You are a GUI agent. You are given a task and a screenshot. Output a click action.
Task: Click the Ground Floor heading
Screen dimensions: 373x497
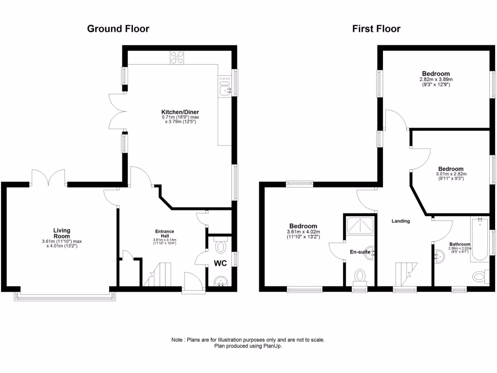pos(118,29)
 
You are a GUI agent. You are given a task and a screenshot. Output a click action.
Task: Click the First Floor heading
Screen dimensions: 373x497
pos(376,29)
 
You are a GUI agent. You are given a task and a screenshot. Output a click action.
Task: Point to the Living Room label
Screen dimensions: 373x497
pos(62,233)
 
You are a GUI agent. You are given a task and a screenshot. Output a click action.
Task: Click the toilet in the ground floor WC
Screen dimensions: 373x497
pos(221,246)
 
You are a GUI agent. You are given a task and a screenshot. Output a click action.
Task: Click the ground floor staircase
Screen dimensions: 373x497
pos(157,274)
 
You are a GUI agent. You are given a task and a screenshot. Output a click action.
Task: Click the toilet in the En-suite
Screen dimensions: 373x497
pos(360,276)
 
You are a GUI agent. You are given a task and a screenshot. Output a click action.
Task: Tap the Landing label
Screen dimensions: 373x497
pos(401,221)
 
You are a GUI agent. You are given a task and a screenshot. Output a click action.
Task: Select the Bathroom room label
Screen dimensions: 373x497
pos(459,244)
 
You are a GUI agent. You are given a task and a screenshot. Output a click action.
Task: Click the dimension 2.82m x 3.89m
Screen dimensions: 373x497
pos(435,80)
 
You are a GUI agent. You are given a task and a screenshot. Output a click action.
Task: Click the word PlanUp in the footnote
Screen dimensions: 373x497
pos(273,346)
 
